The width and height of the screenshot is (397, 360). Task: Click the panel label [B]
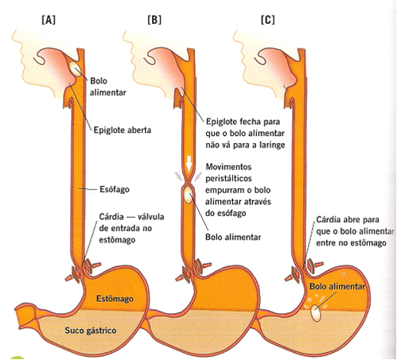(x=154, y=17)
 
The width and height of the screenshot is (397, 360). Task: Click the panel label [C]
(x=267, y=17)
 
